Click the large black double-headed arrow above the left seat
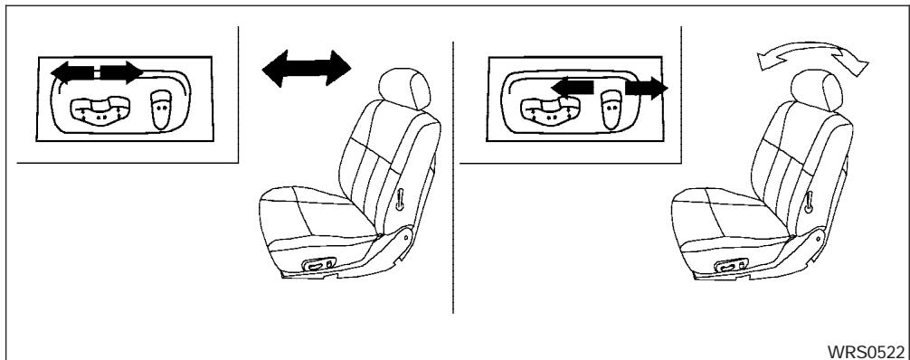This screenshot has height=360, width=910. pos(305,69)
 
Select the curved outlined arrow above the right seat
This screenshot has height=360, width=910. pos(810,64)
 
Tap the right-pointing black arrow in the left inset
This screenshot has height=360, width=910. pos(120,71)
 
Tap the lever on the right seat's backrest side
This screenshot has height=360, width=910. pos(810,197)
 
